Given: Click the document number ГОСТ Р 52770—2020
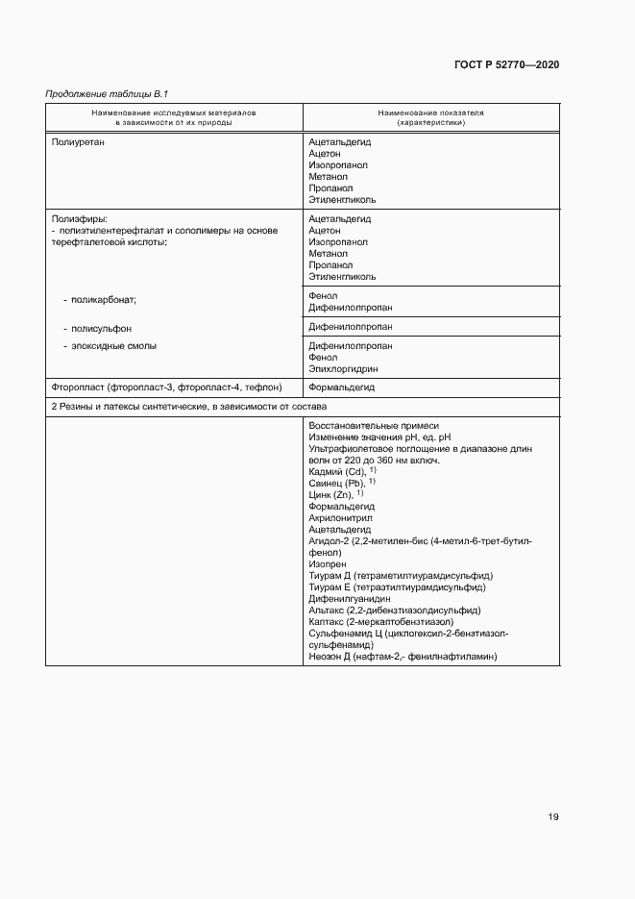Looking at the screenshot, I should point(505,64).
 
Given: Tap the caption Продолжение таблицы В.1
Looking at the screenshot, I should point(100,94).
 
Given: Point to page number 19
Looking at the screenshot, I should point(553,817).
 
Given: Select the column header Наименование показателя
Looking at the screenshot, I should point(429,112).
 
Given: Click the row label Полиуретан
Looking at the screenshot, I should point(76,142).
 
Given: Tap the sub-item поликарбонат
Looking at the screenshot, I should point(100,300).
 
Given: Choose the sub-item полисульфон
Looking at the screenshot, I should point(96,328).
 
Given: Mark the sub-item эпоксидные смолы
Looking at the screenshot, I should point(110,345).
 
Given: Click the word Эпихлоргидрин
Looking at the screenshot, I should point(343,368).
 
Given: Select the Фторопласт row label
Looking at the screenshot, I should point(166,387).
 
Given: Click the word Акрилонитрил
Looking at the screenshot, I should point(340,517).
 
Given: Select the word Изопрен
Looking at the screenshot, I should point(329,564).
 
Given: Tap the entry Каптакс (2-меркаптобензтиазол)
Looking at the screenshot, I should point(379,622).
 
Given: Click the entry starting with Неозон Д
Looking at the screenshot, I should point(402,657).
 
